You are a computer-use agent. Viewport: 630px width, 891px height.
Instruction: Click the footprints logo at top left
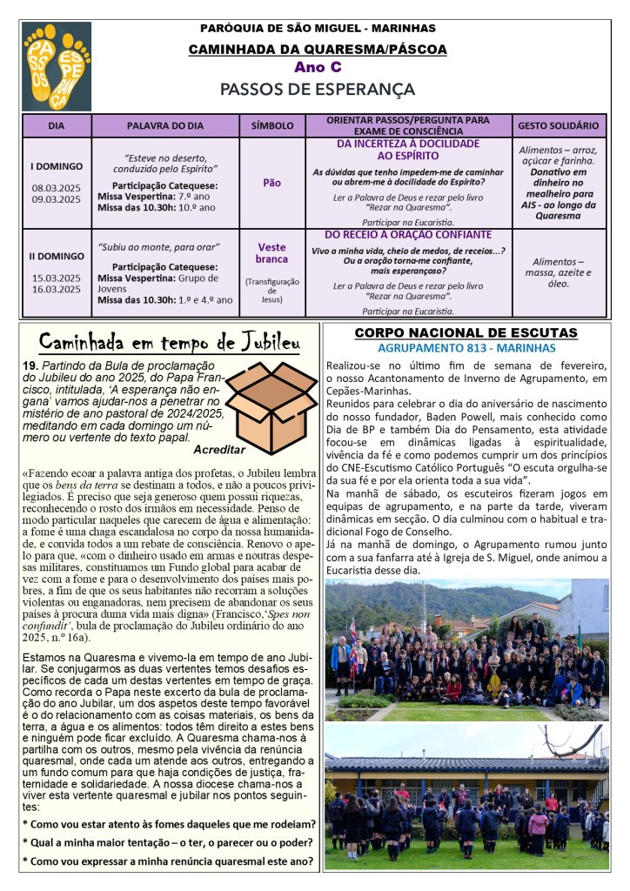click(x=57, y=66)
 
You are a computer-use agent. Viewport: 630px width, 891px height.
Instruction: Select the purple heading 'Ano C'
click(x=317, y=67)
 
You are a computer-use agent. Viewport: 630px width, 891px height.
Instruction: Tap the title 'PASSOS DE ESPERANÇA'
click(x=317, y=89)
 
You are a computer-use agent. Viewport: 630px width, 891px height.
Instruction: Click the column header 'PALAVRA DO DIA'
click(x=165, y=125)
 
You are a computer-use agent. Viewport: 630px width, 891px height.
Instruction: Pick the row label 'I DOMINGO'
click(x=57, y=165)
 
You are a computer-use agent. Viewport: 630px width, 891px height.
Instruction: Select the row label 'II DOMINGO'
click(x=57, y=257)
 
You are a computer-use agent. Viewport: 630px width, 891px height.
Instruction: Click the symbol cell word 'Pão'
click(x=272, y=183)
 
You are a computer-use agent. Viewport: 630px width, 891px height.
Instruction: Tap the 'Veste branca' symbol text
click(x=272, y=253)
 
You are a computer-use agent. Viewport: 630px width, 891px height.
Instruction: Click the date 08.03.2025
click(x=57, y=187)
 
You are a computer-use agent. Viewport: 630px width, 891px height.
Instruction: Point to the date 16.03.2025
click(x=57, y=290)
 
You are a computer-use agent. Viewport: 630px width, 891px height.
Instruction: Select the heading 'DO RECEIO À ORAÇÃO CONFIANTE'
click(x=408, y=235)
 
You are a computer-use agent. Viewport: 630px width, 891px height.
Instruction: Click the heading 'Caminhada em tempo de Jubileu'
click(x=170, y=339)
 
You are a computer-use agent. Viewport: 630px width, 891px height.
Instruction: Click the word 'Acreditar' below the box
click(x=219, y=450)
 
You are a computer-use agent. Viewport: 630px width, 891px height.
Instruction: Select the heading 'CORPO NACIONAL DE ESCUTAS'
click(x=466, y=332)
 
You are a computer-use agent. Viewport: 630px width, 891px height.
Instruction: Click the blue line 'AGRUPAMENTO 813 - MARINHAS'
click(x=466, y=347)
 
